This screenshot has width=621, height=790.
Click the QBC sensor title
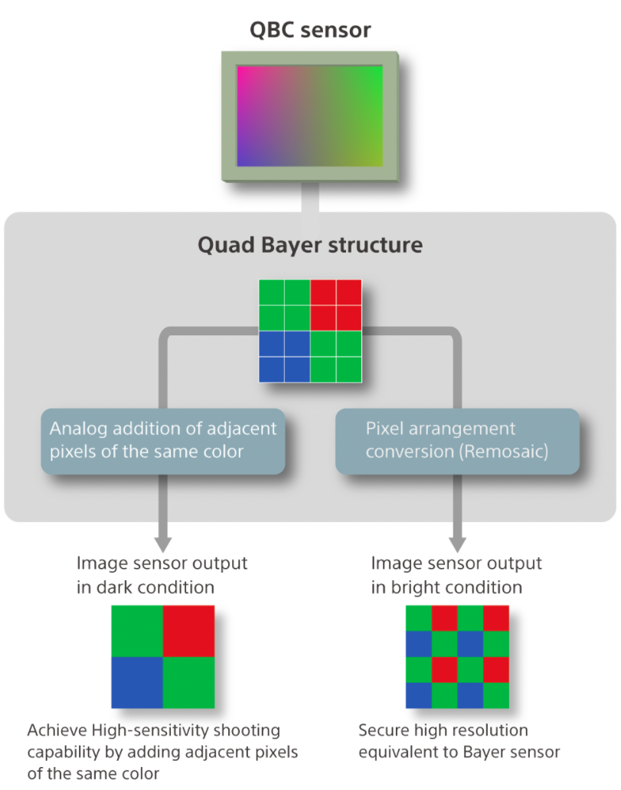310,30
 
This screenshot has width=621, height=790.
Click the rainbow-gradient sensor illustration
309,116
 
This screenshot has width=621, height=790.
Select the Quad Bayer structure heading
310,245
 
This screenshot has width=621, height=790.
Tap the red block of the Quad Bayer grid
335,305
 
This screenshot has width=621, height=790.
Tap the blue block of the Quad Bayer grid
284,356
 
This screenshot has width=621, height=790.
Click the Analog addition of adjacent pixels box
163,439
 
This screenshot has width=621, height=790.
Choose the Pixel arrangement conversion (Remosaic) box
457,439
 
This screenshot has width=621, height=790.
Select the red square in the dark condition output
188,631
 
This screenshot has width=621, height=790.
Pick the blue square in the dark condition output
137,682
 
